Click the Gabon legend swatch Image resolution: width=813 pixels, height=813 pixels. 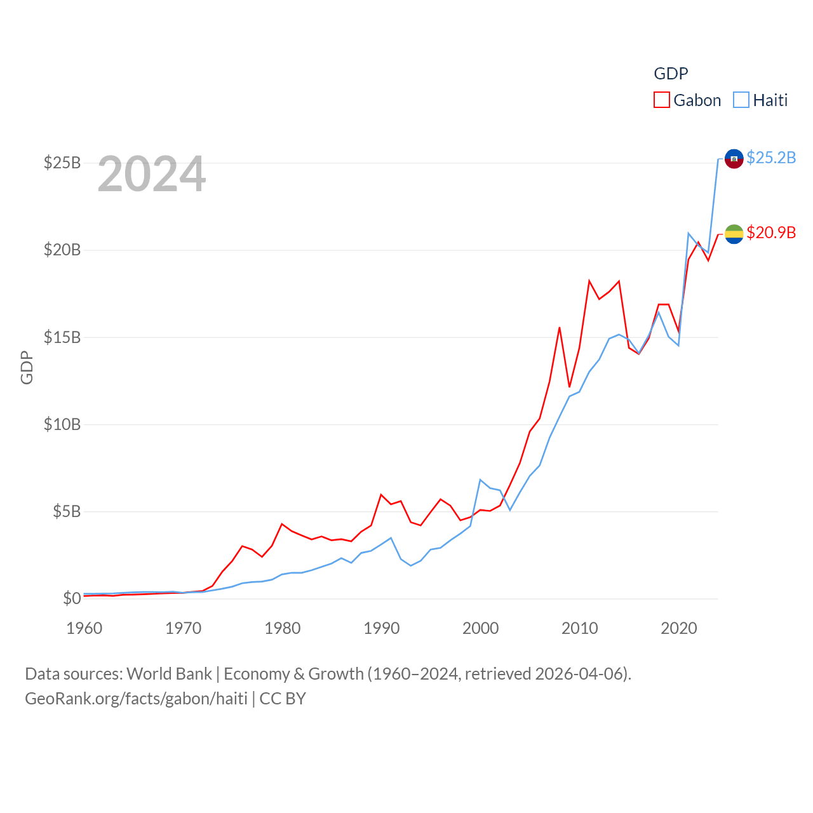click(662, 100)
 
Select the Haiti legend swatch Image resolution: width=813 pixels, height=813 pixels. click(741, 100)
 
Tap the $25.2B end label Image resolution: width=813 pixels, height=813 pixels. click(771, 158)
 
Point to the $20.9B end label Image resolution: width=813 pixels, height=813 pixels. click(771, 232)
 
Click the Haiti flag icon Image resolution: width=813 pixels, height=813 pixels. click(734, 159)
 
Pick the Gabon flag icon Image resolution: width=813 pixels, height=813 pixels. click(734, 234)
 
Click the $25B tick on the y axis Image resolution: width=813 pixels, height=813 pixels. click(62, 163)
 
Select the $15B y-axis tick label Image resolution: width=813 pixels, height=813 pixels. click(62, 337)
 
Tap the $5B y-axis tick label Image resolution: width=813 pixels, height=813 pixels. click(67, 511)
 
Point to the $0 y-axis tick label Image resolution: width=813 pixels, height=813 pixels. click(72, 598)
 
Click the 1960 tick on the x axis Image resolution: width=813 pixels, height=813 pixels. click(84, 628)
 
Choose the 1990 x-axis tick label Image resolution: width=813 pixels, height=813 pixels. click(382, 628)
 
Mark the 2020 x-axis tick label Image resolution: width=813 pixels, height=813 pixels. click(679, 628)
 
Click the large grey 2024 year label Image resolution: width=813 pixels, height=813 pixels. click(152, 174)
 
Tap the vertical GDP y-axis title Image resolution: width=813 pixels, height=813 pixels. click(27, 367)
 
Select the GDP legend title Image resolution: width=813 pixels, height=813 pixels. click(671, 74)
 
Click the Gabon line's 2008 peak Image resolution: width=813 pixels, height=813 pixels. click(560, 328)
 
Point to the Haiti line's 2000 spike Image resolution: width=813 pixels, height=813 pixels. click(480, 480)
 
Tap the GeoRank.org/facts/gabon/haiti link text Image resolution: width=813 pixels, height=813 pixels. click(136, 699)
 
